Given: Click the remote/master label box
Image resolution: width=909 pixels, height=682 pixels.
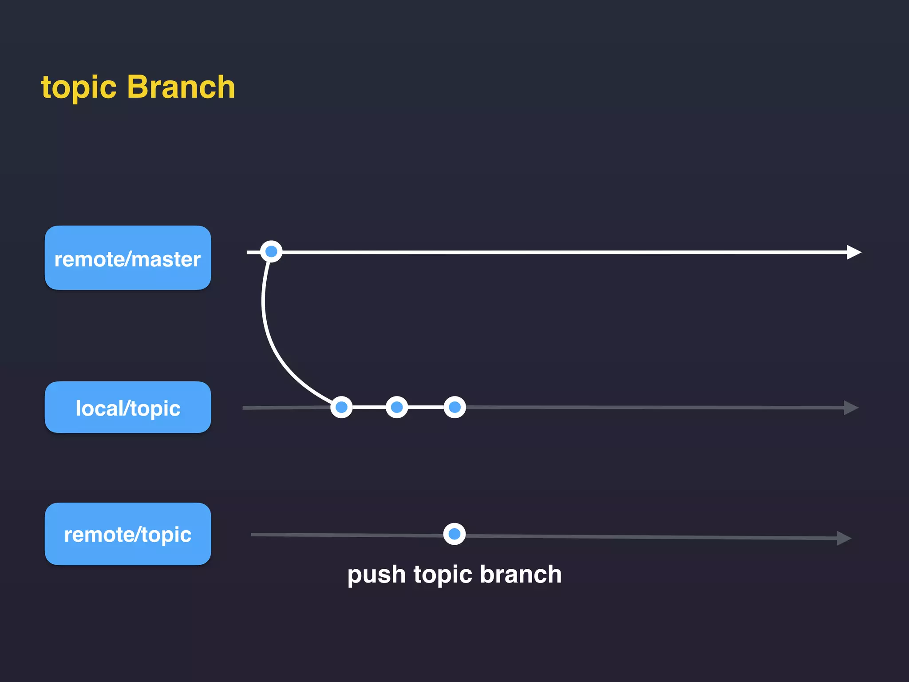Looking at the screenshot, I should coord(128,258).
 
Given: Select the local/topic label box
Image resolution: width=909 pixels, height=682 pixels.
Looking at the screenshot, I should coord(128,407).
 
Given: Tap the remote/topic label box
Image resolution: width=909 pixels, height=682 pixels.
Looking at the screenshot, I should coord(128,534).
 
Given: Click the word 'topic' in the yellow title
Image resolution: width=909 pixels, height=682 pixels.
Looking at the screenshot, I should coord(79,87).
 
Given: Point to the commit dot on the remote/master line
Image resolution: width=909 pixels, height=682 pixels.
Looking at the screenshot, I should coord(271,252).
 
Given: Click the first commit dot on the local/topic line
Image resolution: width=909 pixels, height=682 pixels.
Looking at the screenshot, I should coord(341,407).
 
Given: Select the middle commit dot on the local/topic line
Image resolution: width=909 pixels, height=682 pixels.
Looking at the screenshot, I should coord(397,407).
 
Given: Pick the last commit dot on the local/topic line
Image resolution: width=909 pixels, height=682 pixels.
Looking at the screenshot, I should coord(454,407).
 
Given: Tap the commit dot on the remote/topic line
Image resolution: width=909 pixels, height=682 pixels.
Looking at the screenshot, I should coord(454,534).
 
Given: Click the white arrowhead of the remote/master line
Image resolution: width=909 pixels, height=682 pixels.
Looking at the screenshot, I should coord(853,252).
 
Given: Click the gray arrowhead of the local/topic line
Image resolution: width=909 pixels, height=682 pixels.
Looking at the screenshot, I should coord(850,408).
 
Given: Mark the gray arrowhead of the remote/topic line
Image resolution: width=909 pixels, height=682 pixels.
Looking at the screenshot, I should coord(843,538).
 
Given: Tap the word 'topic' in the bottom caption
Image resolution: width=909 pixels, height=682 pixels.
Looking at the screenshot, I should coord(443,575).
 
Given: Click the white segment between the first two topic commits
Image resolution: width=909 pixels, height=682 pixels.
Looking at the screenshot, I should coord(369,407).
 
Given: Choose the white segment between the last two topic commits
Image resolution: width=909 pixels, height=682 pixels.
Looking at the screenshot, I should coord(426,407).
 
